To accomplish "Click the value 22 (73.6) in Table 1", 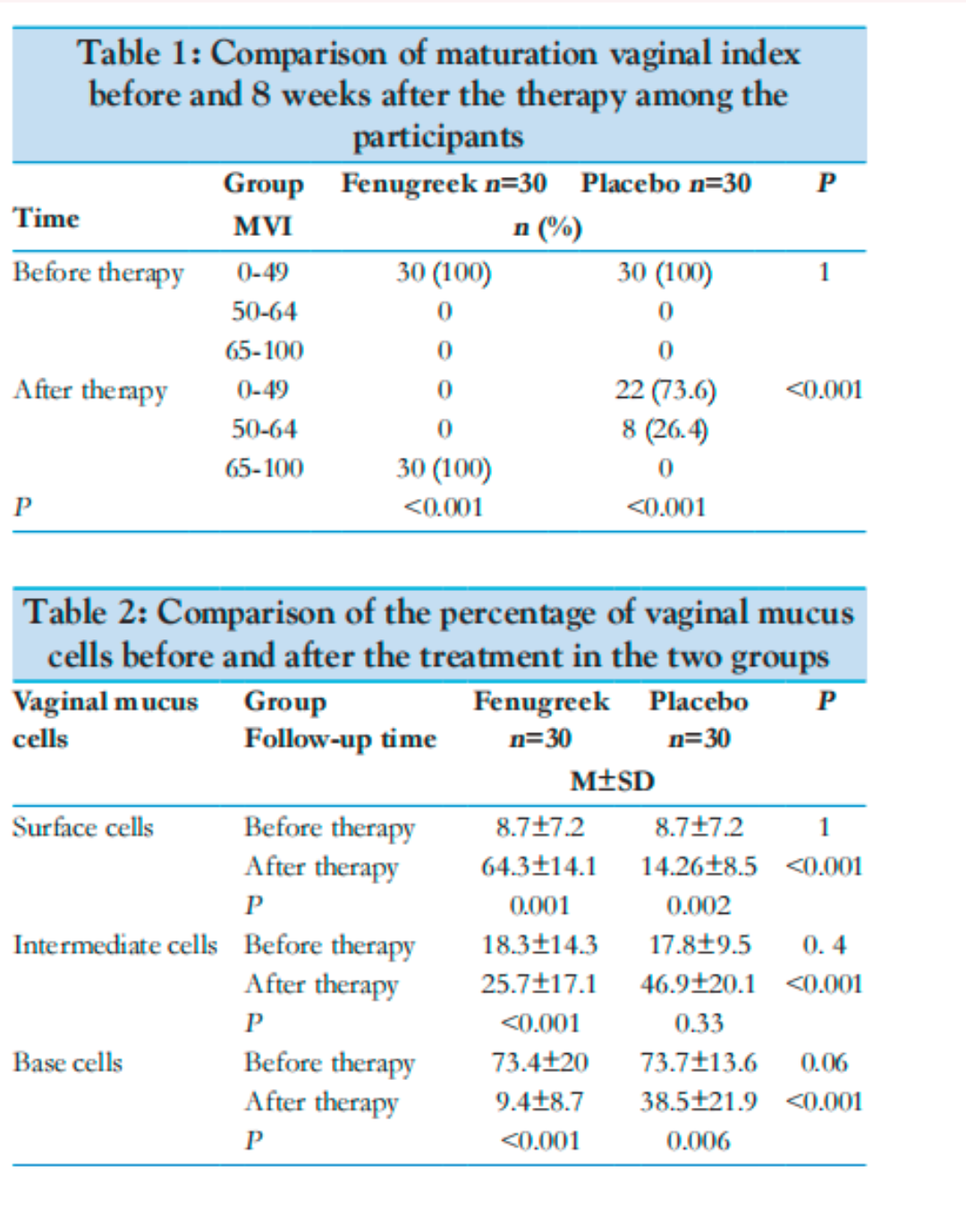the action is pos(665,390).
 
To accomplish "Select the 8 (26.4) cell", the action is pos(665,429).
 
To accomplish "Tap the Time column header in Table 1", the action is pos(46,217).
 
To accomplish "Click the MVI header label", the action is pos(263,226).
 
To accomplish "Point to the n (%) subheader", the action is pos(547,228).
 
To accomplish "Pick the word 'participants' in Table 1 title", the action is pos(438,137).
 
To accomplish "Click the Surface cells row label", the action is pos(83,827).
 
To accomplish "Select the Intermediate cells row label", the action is pos(115,945).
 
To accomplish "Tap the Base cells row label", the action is pos(68,1063).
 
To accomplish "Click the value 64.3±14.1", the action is pos(538,866).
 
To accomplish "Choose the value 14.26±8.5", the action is pos(699,866).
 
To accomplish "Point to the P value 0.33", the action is pos(699,1024).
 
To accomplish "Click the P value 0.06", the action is pos(824,1063).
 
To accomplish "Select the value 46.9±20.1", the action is pos(699,984).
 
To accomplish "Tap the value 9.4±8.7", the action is pos(539,1102).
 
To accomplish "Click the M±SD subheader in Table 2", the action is pos(613,781).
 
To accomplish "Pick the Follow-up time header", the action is pos(340,739).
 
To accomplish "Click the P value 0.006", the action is pos(699,1142).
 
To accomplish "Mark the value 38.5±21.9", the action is pos(699,1102).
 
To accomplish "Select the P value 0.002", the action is pos(699,906).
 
